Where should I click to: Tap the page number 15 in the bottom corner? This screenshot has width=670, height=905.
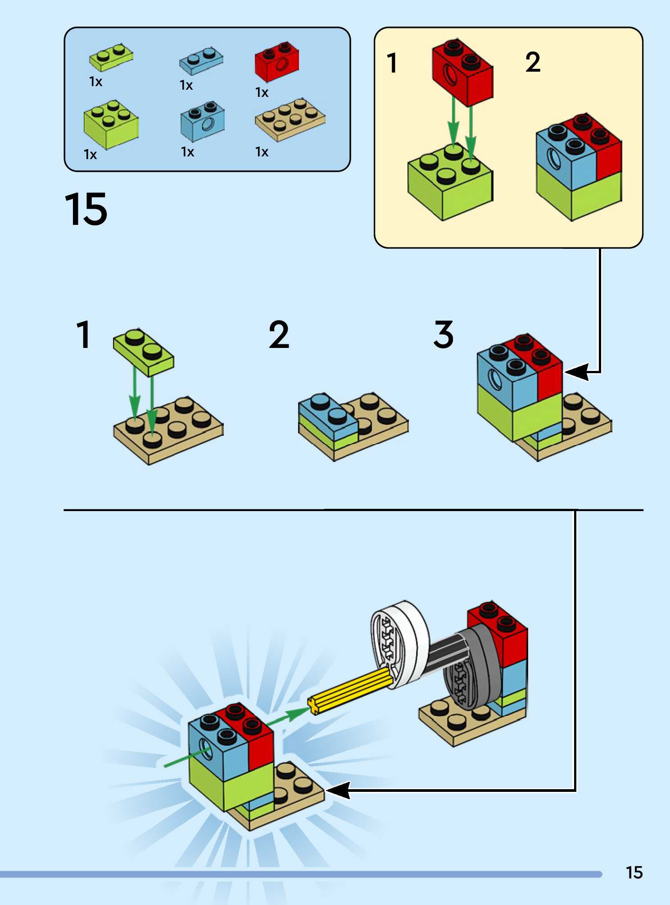point(634,873)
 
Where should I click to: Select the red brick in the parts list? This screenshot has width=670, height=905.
point(277,63)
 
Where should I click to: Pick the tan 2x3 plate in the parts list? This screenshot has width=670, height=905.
point(290,119)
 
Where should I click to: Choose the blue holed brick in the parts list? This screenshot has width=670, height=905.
point(203,121)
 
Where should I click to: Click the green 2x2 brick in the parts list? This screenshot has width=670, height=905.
point(111,125)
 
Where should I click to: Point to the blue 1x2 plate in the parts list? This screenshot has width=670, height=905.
point(201,60)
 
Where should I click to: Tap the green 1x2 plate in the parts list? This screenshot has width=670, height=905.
point(111,57)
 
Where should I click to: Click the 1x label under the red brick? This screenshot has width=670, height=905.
point(262,93)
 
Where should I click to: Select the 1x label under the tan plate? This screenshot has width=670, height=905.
point(262,152)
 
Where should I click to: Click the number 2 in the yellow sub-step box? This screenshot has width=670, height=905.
point(533,63)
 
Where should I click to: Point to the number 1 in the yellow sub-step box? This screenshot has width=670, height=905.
point(392,63)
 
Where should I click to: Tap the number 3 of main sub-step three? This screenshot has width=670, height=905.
point(444,335)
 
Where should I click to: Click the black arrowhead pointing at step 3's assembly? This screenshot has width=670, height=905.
point(576,372)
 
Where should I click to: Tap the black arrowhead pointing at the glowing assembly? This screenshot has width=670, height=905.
point(338,790)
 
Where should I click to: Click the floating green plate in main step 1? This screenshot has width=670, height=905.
point(143,352)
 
